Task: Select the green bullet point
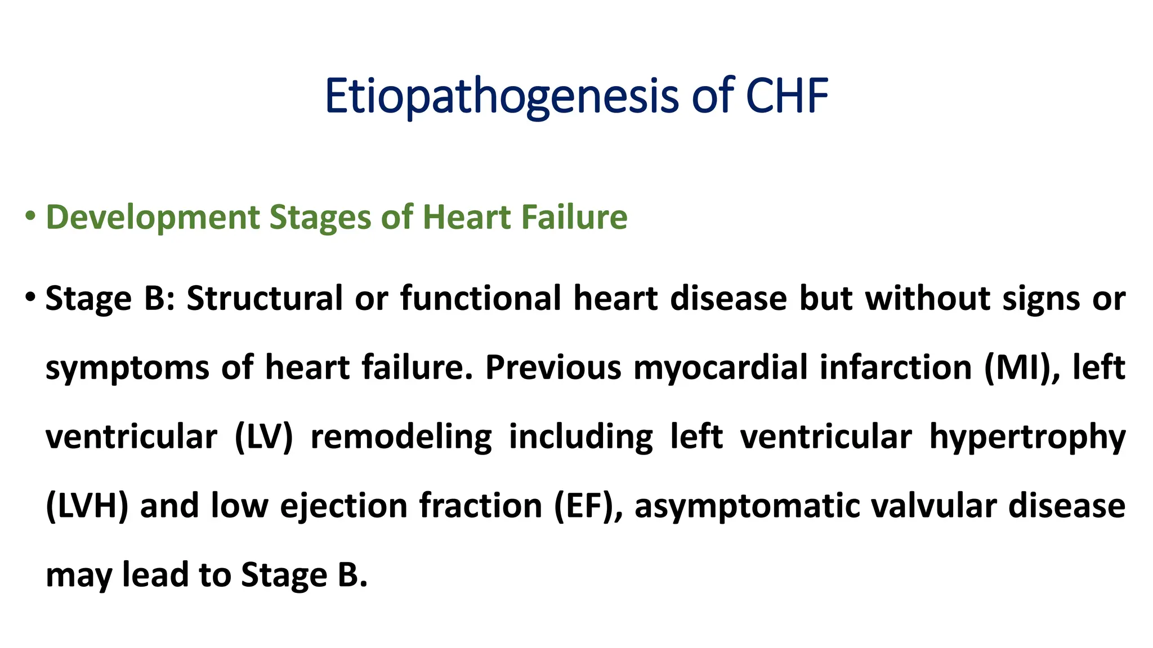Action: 30,217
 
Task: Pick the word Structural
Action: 265,298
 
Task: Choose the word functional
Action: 481,298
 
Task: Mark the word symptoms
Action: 127,368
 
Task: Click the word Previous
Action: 553,367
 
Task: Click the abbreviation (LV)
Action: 264,437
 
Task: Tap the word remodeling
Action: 401,437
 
